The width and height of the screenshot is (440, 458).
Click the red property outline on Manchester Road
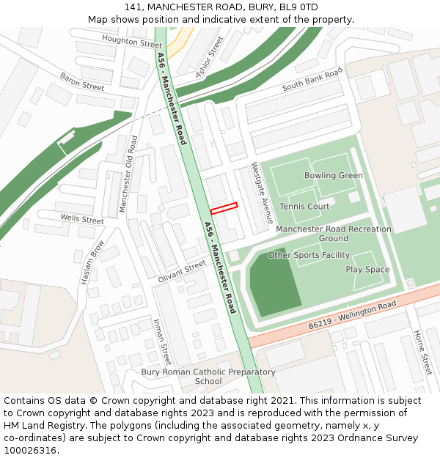coord(224,208)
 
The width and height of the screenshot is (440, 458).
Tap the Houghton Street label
coord(132,41)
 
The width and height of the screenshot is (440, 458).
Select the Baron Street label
coord(82,81)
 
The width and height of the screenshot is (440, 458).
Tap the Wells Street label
coord(82,219)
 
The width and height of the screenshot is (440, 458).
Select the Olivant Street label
coord(182,271)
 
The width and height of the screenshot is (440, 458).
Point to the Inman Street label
coord(161,341)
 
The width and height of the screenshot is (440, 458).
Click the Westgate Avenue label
coord(263,193)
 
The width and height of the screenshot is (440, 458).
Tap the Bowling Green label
coord(334,176)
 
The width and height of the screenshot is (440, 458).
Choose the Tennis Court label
coord(304,207)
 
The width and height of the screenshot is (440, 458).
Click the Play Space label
coord(367,270)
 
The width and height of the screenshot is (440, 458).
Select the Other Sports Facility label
coord(309,255)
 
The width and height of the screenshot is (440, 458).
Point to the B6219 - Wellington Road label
coord(352,314)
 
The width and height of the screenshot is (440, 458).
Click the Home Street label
coord(422,351)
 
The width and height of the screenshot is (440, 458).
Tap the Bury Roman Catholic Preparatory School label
coord(208,376)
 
